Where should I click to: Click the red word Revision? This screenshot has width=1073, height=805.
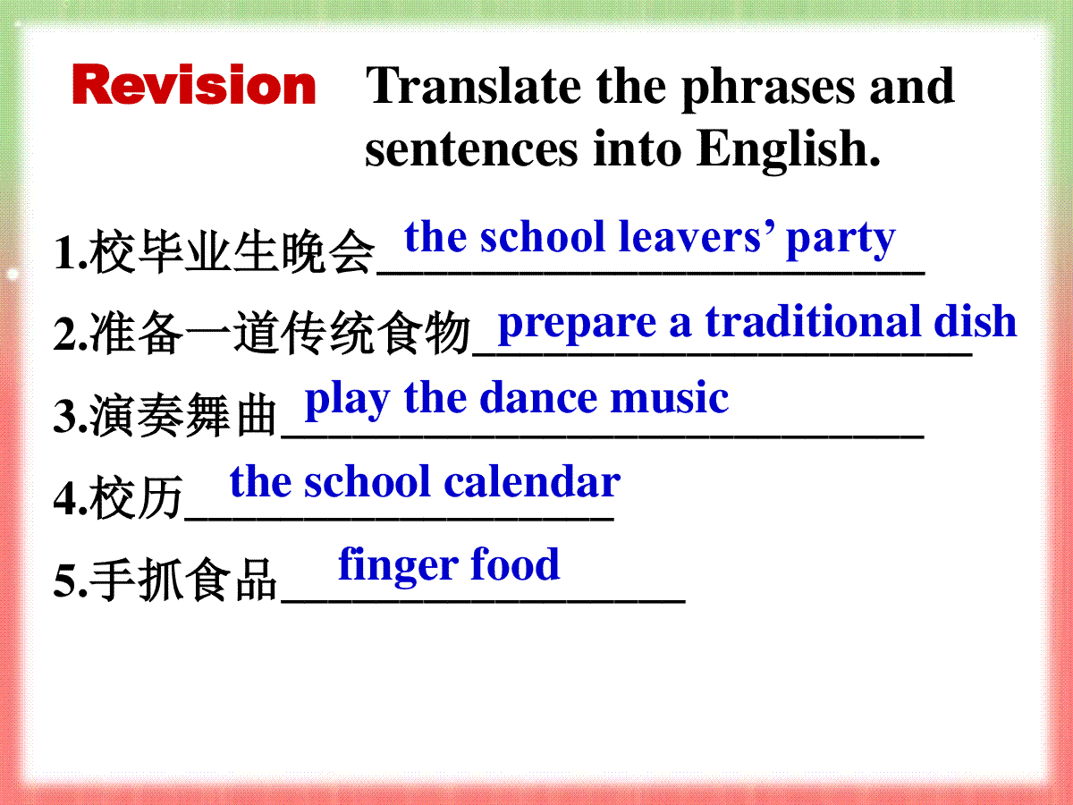pyautogui.click(x=194, y=84)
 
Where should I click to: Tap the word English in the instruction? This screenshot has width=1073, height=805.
pyautogui.click(x=788, y=150)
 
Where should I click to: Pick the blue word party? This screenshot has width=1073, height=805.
pyautogui.click(x=841, y=241)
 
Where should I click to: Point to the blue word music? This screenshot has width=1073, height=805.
pyautogui.click(x=670, y=398)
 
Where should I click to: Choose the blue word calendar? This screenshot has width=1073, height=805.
pyautogui.click(x=532, y=481)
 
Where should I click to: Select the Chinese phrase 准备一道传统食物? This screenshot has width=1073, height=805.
pyautogui.click(x=280, y=334)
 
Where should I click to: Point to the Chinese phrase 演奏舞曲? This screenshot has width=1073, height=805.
pyautogui.click(x=184, y=415)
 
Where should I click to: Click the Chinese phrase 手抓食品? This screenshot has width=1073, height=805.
pyautogui.click(x=184, y=580)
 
